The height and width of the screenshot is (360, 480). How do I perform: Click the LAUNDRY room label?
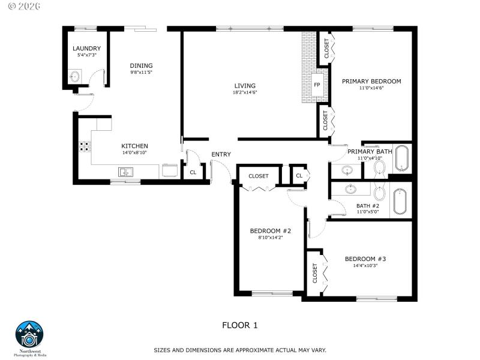pos(86,49)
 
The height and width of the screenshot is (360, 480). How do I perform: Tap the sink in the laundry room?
pos(75,77)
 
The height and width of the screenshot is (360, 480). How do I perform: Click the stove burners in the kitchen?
pos(84,145)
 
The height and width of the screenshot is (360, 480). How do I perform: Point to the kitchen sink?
pos(126,173)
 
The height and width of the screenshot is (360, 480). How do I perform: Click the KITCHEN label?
pos(134,146)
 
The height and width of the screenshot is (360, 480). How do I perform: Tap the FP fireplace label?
pos(317,85)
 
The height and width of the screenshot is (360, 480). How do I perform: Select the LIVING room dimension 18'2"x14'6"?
pos(245,93)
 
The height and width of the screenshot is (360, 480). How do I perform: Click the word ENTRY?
pos(221,155)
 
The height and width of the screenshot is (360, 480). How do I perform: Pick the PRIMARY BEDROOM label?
pos(371,81)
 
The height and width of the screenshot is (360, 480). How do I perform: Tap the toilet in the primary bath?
pos(379,166)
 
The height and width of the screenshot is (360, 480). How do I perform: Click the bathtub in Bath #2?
pos(400,201)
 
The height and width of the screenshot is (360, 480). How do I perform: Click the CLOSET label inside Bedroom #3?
pos(315,273)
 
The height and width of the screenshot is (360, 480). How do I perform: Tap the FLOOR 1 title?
pos(239,325)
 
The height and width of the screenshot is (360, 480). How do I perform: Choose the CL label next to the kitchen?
pos(193,172)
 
